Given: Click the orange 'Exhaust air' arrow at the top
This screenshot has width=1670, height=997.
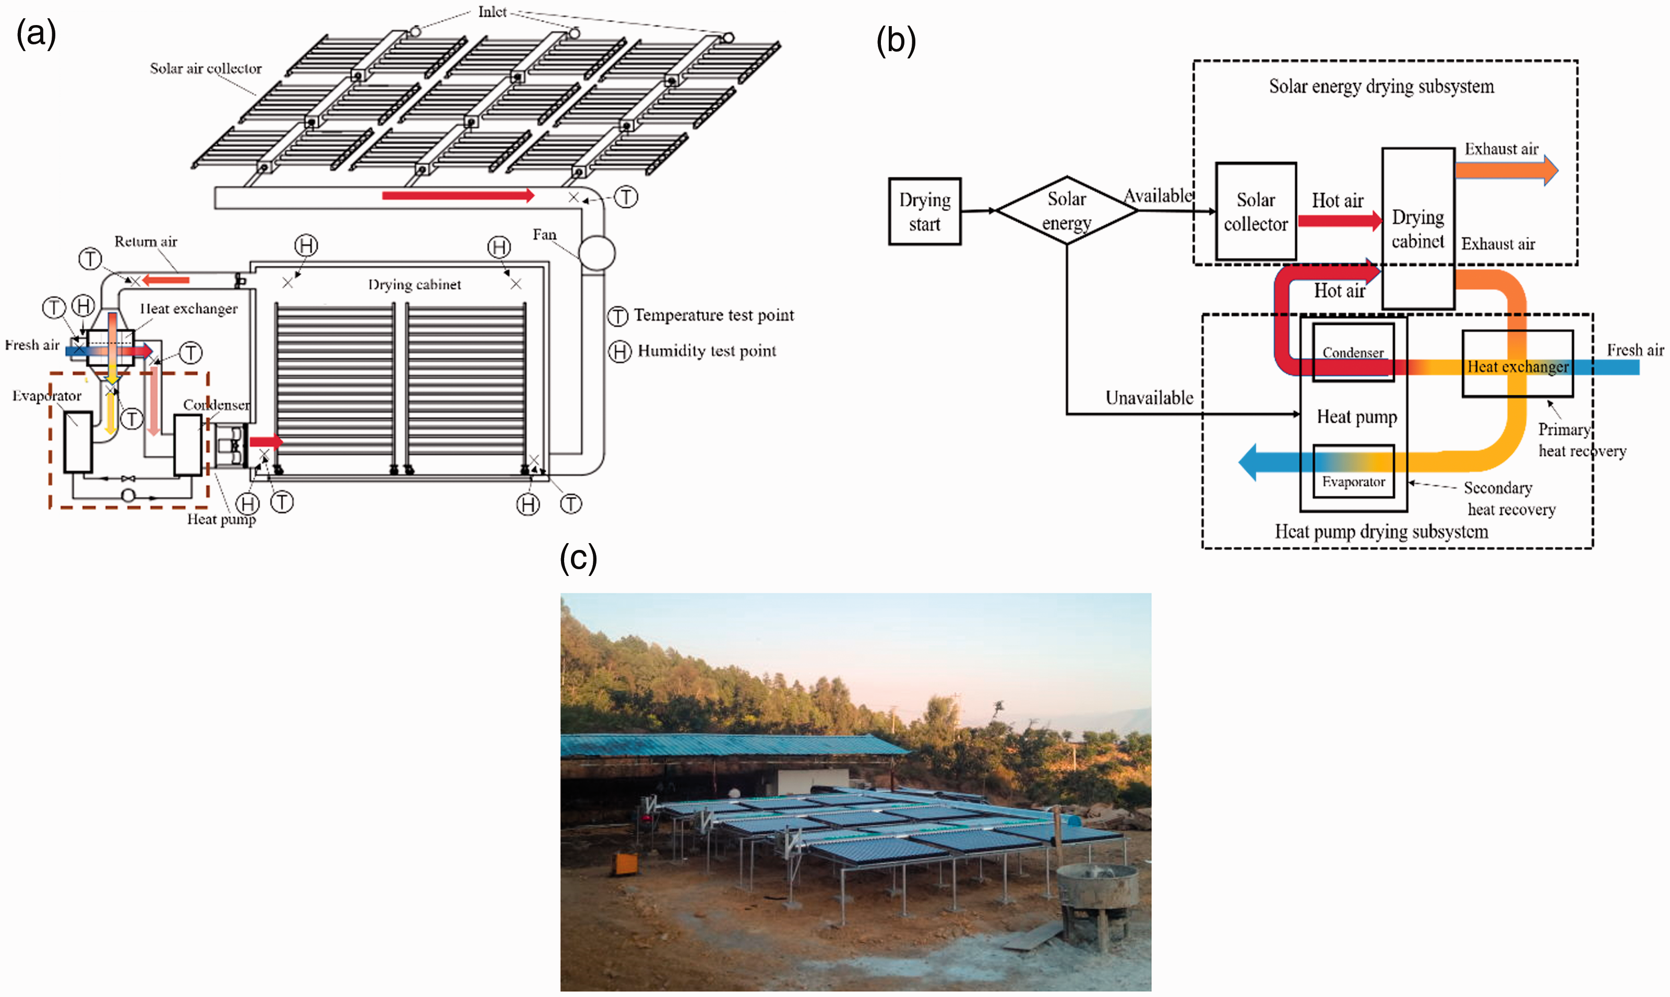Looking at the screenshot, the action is pyautogui.click(x=1506, y=170).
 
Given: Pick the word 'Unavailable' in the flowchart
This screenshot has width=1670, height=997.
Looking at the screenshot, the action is pyautogui.click(x=1149, y=398).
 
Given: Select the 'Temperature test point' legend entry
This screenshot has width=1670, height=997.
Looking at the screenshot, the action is pyautogui.click(x=701, y=315).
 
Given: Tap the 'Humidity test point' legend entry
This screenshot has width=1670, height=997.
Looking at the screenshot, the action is pyautogui.click(x=692, y=351).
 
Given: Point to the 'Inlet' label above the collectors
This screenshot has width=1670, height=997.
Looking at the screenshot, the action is pyautogui.click(x=492, y=11).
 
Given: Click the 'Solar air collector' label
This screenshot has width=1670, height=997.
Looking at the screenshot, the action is pyautogui.click(x=206, y=68).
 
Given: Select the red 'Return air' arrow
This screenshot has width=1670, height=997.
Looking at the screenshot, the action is pyautogui.click(x=165, y=280).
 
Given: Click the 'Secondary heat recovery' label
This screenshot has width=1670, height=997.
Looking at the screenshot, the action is pyautogui.click(x=1510, y=499).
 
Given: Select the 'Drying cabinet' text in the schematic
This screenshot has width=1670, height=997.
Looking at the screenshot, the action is pyautogui.click(x=415, y=284).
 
